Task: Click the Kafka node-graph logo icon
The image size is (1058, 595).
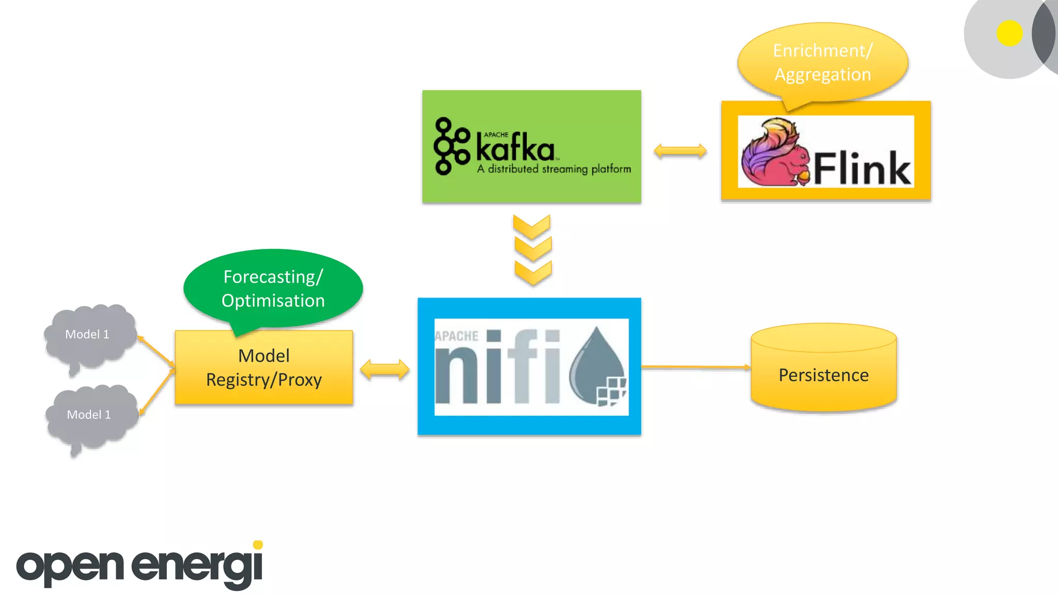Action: (x=450, y=146)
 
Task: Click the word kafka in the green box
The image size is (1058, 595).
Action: (x=515, y=148)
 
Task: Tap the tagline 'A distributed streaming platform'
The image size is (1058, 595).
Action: (x=554, y=169)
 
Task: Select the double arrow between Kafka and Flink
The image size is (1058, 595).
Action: (x=680, y=151)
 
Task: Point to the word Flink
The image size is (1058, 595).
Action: (x=862, y=168)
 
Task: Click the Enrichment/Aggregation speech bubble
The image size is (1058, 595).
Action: (x=822, y=62)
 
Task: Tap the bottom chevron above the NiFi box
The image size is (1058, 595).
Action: (x=533, y=272)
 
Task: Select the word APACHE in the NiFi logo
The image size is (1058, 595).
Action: (x=457, y=336)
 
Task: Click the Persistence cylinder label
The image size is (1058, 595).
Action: (x=823, y=375)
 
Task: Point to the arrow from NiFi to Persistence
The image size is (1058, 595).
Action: (x=695, y=367)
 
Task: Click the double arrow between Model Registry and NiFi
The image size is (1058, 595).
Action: (x=385, y=370)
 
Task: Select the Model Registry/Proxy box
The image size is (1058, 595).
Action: (x=264, y=368)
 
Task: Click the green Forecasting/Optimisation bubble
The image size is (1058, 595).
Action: (x=273, y=288)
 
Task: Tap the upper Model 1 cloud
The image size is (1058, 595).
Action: (x=88, y=336)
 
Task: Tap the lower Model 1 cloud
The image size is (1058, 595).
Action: (x=89, y=416)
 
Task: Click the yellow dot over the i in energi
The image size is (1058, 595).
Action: (x=258, y=545)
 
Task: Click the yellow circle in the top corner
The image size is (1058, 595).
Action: (x=1009, y=34)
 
